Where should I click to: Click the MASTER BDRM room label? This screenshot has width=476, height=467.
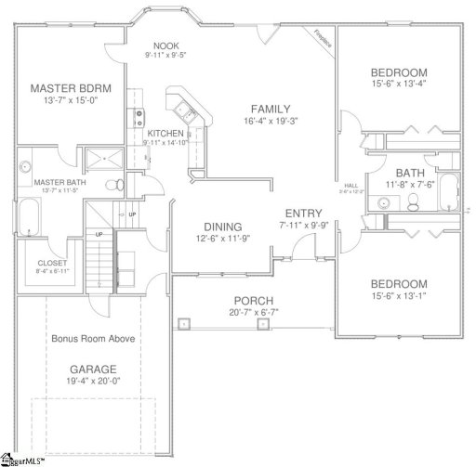tap(71, 88)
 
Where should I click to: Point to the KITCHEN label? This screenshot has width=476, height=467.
tap(165, 134)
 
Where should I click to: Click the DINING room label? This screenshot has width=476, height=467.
tap(222, 227)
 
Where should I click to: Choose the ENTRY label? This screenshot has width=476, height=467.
tap(304, 213)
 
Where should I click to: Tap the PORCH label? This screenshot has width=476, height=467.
tap(252, 300)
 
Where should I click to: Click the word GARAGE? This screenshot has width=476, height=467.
tap(93, 369)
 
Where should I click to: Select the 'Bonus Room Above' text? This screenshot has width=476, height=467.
tap(93, 339)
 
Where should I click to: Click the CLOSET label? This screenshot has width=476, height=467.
tap(53, 263)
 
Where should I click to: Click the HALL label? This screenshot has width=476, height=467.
tap(350, 185)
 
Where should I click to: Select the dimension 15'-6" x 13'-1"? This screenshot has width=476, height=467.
tap(398, 298)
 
